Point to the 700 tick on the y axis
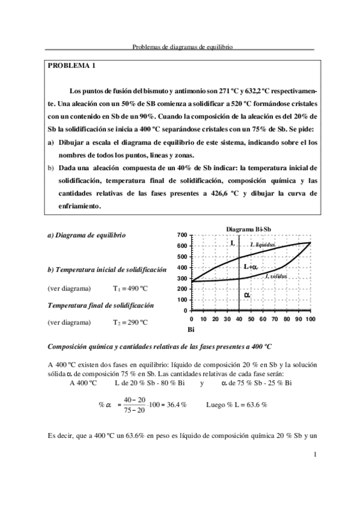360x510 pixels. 182,235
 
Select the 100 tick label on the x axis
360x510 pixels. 310,319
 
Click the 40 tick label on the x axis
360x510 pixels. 239,319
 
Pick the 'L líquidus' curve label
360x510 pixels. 263,245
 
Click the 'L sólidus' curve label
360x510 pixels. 276,276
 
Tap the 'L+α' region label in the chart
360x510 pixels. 250,266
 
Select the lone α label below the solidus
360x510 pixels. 246,295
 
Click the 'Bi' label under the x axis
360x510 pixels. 191,330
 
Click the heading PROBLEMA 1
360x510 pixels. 71,64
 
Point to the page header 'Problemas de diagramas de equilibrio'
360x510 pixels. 182,46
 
